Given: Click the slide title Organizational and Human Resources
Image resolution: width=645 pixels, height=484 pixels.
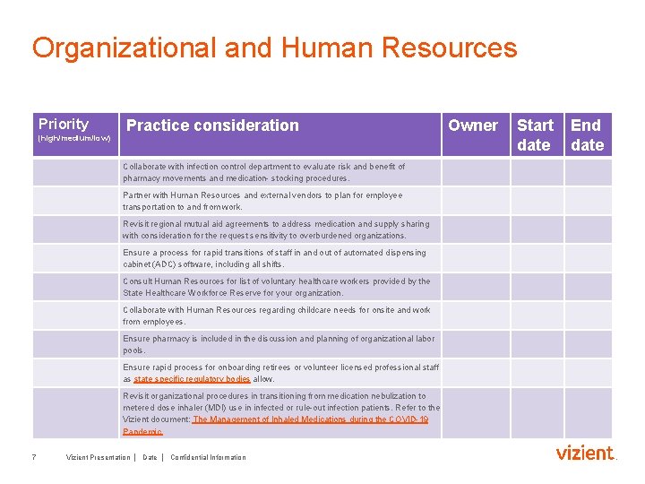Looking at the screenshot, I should click(274, 48).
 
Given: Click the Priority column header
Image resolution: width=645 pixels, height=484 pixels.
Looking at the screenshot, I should click(64, 125).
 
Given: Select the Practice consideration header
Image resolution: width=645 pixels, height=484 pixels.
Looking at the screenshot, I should click(212, 125).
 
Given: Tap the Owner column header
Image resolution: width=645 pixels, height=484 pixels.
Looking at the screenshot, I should click(472, 125).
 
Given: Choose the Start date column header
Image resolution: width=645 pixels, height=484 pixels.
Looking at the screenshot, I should click(535, 134).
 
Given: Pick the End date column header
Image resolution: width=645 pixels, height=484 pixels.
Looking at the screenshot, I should click(587, 134).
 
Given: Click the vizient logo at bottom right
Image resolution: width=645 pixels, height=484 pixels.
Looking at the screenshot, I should click(586, 454).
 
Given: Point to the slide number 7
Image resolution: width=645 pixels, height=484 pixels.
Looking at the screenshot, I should click(33, 457).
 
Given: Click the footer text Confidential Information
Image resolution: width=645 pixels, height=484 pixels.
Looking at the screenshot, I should click(208, 457).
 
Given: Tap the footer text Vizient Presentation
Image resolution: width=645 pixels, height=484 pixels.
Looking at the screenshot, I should click(98, 457).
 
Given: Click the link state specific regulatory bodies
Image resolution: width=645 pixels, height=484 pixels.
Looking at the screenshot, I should click(192, 379).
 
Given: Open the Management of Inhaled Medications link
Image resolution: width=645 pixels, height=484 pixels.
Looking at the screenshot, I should click(310, 419).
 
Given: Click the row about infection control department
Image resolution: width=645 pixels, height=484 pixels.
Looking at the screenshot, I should click(263, 172).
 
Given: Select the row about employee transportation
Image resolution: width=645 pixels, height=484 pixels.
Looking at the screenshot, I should click(262, 201).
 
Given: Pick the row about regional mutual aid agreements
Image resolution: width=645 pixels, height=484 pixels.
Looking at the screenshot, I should click(276, 229).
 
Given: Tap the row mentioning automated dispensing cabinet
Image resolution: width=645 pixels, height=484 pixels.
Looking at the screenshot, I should click(274, 258).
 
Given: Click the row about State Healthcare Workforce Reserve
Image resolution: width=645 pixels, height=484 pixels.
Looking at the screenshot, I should click(276, 287).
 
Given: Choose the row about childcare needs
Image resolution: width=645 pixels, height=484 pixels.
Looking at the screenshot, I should click(276, 315).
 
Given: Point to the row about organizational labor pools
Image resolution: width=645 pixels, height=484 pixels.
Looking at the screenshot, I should click(279, 344).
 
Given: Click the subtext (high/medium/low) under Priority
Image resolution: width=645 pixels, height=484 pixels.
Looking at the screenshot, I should click(74, 140).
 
